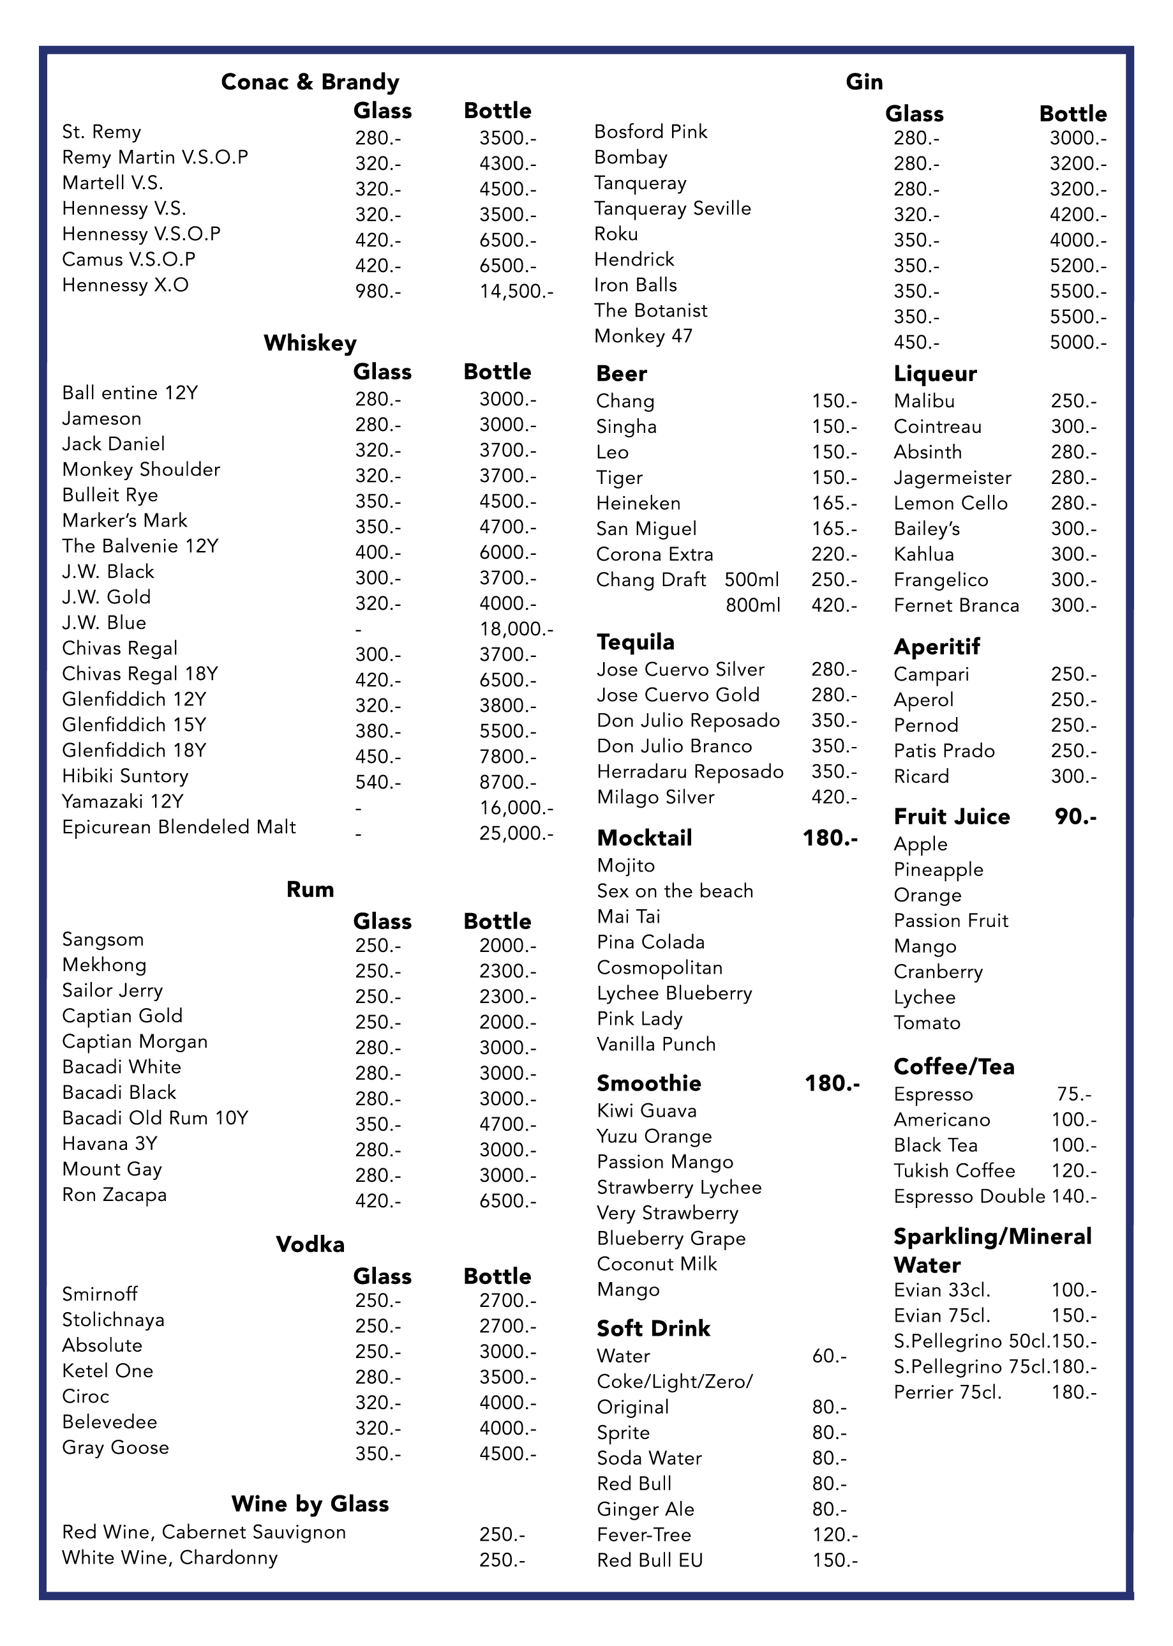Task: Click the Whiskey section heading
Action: (x=310, y=344)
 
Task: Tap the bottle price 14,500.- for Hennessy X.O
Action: (x=516, y=291)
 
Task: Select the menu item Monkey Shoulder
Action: (x=141, y=470)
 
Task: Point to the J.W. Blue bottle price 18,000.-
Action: (x=516, y=630)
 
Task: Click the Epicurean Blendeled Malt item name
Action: (x=179, y=827)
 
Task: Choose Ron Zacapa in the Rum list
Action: (x=114, y=1195)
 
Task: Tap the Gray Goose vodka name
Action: (x=116, y=1448)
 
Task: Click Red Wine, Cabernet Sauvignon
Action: (x=204, y=1532)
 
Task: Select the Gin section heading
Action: (x=864, y=82)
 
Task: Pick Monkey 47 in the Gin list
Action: (x=643, y=336)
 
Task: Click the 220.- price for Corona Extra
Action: (x=833, y=554)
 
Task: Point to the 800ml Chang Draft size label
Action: (x=752, y=605)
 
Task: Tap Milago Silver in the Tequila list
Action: (x=655, y=797)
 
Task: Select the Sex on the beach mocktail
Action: (x=675, y=891)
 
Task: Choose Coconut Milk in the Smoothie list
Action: (x=657, y=1264)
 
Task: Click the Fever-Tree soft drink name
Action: (x=643, y=1535)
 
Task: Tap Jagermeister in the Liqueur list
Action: (x=952, y=478)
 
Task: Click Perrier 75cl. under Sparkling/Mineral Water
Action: (x=947, y=1393)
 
